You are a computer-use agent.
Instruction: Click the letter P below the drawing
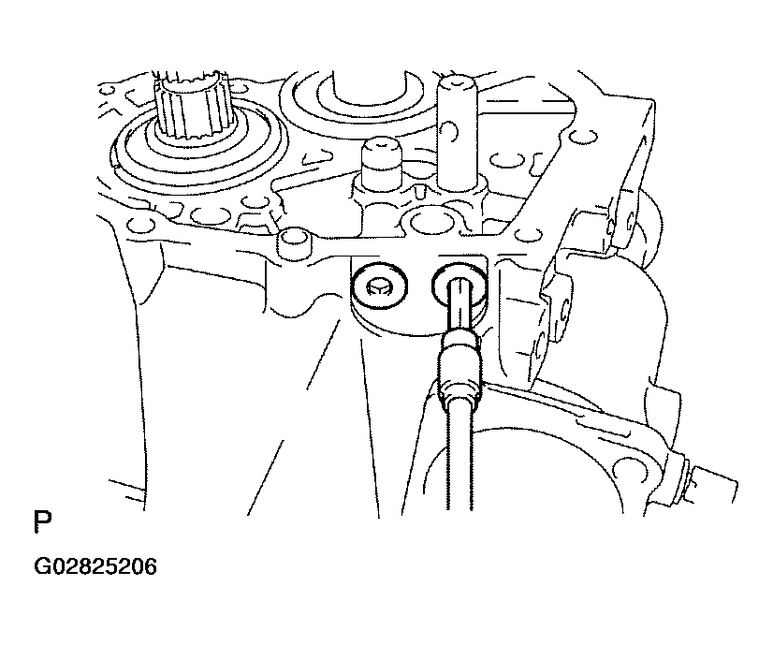(42, 522)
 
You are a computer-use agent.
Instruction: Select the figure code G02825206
(95, 566)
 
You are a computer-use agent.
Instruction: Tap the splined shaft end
(192, 105)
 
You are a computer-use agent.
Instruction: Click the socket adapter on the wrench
(459, 366)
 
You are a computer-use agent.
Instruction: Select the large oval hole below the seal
(211, 214)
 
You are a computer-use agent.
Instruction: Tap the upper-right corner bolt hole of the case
(584, 136)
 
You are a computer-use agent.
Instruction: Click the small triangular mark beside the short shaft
(419, 192)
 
